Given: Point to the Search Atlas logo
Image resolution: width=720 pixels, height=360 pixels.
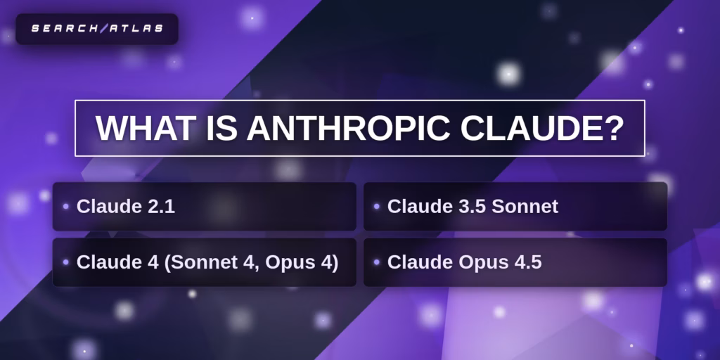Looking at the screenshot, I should pos(97,29).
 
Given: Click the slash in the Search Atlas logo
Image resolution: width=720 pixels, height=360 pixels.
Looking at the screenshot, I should pos(104,29).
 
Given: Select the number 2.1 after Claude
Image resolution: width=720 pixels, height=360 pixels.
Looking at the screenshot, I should pos(160,207).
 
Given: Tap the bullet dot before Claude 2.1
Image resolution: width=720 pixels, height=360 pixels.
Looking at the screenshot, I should pos(65,207).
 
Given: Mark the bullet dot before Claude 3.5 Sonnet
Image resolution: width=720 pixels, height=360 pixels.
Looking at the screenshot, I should pos(377,207).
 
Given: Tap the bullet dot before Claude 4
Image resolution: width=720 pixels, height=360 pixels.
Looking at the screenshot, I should pos(65,262).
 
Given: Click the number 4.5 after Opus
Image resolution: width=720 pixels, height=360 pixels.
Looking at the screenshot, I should pos(526,262).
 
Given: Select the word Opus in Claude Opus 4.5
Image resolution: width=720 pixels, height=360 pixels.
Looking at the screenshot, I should pos(483,262).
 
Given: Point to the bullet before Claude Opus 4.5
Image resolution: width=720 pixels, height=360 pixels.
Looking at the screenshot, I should pos(377,262).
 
